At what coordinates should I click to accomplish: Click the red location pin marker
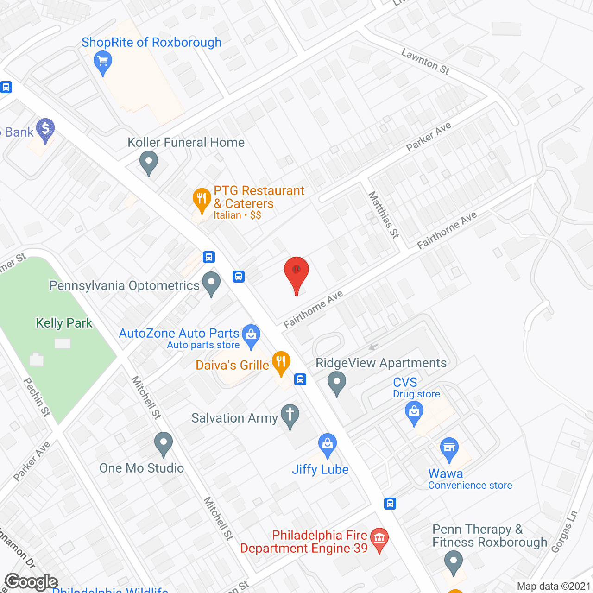(x=296, y=273)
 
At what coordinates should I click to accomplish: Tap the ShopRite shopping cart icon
(x=102, y=62)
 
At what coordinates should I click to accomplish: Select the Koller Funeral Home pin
(x=149, y=162)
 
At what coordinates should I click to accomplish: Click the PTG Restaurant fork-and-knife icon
(x=202, y=199)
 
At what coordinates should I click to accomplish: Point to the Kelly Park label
(x=64, y=323)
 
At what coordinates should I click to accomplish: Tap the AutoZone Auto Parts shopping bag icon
(x=251, y=334)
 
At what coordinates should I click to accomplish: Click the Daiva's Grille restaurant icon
(x=281, y=362)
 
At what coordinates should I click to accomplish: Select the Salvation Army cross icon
(x=290, y=415)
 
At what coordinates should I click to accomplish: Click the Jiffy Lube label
(x=320, y=469)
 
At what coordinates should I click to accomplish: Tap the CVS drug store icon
(x=414, y=412)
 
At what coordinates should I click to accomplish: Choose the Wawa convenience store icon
(x=449, y=448)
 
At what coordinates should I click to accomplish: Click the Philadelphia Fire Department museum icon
(x=379, y=539)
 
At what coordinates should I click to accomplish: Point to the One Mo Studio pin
(x=163, y=443)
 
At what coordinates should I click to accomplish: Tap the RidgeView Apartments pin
(x=337, y=383)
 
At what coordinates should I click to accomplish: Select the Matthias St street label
(x=384, y=215)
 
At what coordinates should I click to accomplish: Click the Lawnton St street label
(x=425, y=62)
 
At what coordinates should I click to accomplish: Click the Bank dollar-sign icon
(x=45, y=129)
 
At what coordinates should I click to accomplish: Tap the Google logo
(x=32, y=582)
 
